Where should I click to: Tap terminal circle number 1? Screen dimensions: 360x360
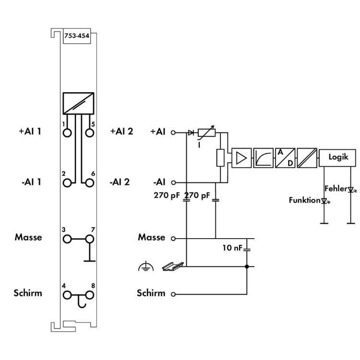67,132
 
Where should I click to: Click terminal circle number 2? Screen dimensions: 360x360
67,182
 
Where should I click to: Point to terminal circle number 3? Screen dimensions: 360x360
67,238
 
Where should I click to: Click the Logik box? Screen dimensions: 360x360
338,157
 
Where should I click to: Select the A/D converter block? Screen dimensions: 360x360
284,157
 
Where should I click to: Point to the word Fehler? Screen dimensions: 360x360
335,188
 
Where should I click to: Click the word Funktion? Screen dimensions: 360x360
304,200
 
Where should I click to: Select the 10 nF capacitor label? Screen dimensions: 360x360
232,249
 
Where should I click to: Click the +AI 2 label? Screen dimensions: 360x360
121,131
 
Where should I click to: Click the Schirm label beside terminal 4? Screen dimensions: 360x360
28,293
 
